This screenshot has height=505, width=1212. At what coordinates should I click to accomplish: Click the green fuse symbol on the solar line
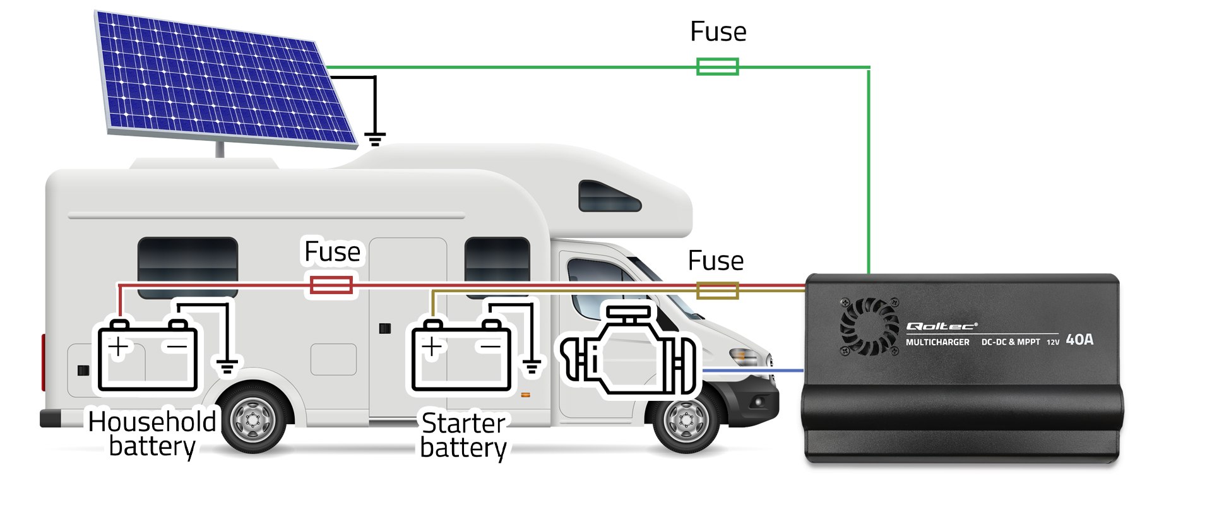(717, 66)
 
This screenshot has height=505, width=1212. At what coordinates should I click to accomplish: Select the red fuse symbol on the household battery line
(331, 285)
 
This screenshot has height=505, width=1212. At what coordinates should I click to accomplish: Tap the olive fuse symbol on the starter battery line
(717, 290)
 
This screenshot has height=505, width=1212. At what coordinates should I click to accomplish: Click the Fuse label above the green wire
(718, 32)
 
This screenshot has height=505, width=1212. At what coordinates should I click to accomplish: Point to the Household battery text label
(151, 434)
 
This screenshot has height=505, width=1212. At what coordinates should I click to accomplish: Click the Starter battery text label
(463, 435)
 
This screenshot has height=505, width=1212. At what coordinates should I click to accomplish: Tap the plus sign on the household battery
(118, 347)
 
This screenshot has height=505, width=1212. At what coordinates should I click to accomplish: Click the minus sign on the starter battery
(490, 346)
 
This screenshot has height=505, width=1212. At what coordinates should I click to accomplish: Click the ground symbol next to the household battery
(227, 365)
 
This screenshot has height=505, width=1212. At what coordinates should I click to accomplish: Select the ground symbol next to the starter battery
(532, 365)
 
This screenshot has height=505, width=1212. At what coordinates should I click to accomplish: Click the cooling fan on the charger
(869, 326)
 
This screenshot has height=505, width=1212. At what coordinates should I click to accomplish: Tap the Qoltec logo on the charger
(941, 326)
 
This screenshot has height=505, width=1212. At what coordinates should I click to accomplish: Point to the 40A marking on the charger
(1079, 340)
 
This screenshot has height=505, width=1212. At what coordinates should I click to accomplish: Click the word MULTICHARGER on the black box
(937, 342)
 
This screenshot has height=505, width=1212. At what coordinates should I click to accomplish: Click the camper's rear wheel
(253, 420)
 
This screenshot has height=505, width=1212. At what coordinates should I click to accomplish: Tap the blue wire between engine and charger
(751, 371)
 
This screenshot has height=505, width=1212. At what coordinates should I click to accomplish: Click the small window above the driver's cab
(609, 197)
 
